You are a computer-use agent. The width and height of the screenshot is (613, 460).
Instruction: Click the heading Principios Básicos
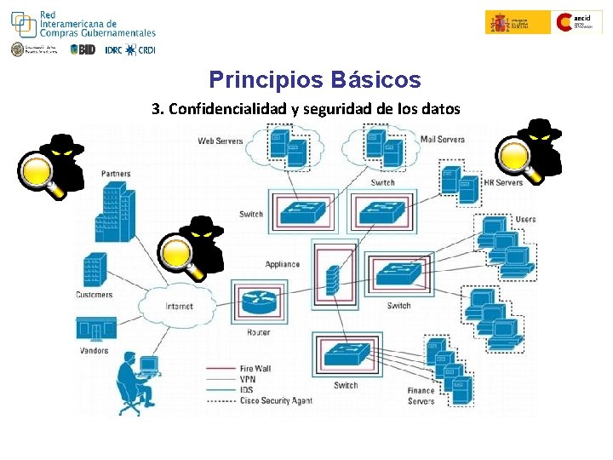(314, 80)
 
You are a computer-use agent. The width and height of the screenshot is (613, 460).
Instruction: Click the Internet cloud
(179, 306)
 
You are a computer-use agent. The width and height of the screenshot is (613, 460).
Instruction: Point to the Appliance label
(282, 264)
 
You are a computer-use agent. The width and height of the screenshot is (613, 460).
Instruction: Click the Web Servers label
(221, 141)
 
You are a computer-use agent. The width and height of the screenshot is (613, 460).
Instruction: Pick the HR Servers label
(503, 182)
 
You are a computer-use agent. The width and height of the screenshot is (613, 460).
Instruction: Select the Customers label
(94, 295)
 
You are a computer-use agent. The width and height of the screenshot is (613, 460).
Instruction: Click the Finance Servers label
(421, 396)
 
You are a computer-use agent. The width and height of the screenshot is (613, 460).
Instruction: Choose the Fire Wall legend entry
(255, 369)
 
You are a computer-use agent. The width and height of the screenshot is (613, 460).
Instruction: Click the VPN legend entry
(248, 379)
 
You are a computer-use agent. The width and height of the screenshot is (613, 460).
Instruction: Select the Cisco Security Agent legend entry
(276, 400)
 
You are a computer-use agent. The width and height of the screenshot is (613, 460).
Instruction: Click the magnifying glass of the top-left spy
(41, 171)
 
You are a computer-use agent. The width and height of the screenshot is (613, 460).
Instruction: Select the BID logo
(83, 49)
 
